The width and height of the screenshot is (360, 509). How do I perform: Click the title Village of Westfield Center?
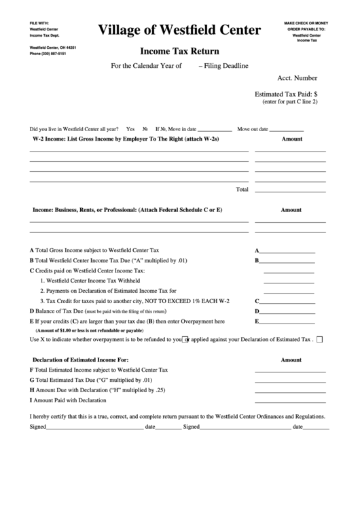point(179,30)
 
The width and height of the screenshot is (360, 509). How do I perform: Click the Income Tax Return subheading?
point(179,50)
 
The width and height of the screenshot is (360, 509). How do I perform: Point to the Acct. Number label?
point(297,78)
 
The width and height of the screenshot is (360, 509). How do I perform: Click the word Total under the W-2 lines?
point(241,189)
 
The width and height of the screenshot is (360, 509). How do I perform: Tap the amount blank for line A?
point(288,250)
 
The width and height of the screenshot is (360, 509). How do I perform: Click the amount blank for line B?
point(288,260)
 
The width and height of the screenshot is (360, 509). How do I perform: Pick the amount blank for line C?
point(288,300)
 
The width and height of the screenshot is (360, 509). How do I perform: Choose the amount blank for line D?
point(288,311)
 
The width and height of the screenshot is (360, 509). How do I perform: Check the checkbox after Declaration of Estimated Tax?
point(320,339)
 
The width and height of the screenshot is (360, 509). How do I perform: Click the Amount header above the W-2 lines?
point(291,139)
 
